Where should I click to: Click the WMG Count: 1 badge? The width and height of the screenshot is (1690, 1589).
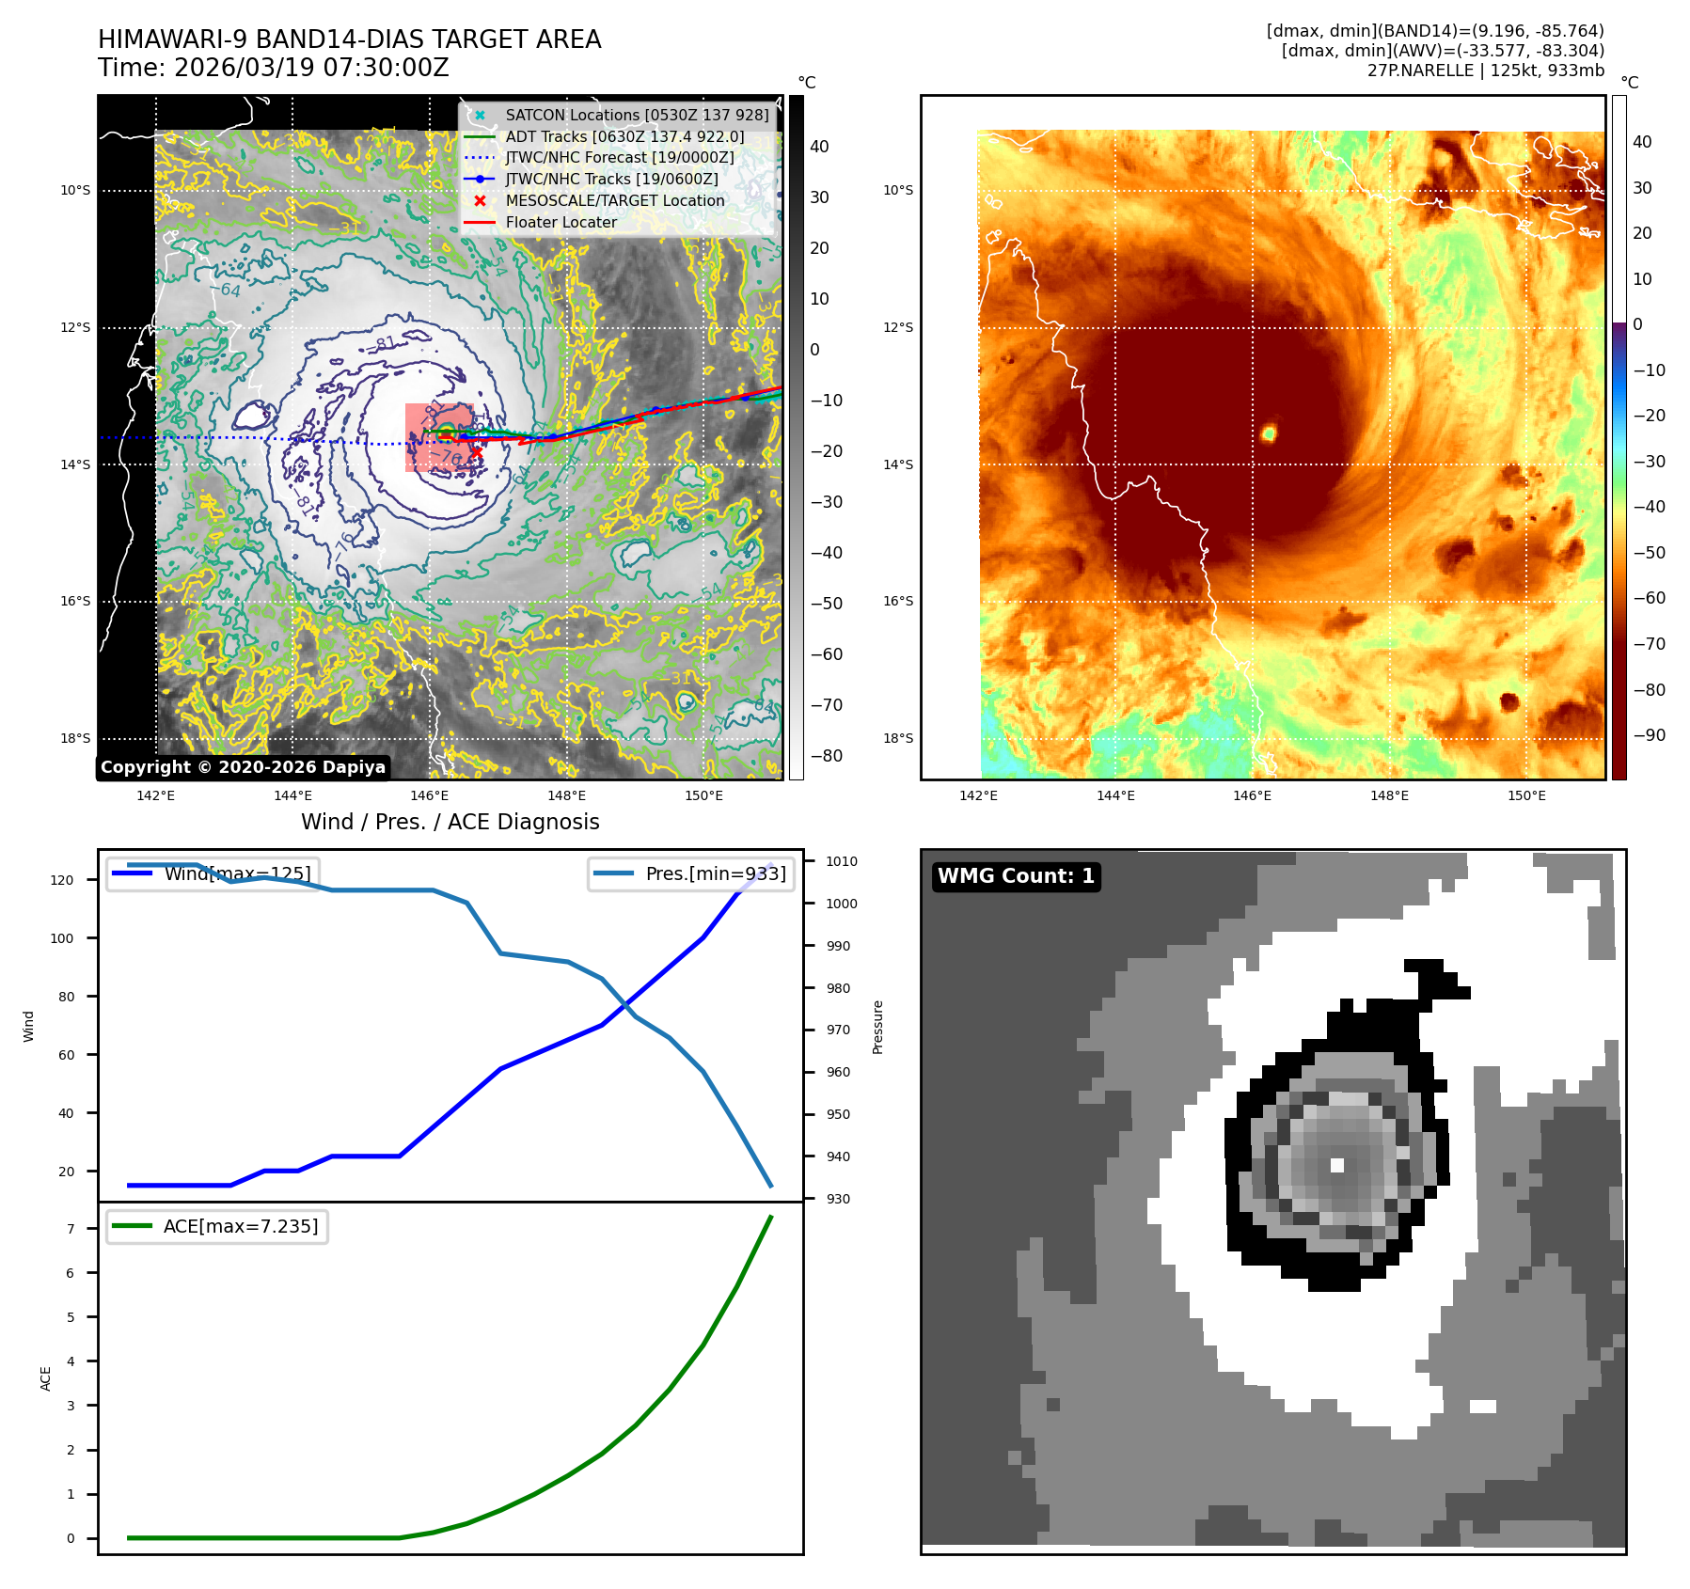(x=1016, y=876)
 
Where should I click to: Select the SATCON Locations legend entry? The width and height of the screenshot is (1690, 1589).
(x=637, y=115)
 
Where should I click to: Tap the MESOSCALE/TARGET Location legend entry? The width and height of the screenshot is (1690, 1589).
(x=614, y=200)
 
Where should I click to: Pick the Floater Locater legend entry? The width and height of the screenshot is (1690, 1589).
(x=561, y=222)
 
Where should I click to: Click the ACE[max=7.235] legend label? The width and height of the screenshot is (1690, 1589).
(x=240, y=1226)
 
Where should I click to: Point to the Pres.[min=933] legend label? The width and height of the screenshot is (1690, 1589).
(x=715, y=873)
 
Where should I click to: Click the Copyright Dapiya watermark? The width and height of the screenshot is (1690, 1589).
(x=243, y=767)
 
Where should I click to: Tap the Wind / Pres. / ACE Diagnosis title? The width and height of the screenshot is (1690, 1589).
(x=450, y=822)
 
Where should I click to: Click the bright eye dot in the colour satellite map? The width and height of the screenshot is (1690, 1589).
(x=1269, y=433)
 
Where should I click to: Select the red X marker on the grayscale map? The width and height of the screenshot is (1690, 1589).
(x=477, y=452)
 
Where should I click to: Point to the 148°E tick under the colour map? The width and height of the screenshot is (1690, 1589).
(x=1389, y=795)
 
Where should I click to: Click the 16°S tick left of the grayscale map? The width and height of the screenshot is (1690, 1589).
(x=76, y=602)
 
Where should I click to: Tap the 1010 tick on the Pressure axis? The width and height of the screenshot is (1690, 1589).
(x=841, y=861)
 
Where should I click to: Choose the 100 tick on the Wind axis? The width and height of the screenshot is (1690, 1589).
(x=62, y=938)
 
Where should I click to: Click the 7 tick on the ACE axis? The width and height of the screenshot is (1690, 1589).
(x=71, y=1229)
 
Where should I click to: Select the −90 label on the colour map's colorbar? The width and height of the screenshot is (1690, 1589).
(x=1649, y=735)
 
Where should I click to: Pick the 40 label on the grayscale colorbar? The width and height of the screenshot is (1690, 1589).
(x=819, y=147)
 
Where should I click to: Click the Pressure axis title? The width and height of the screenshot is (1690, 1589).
(x=877, y=1027)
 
